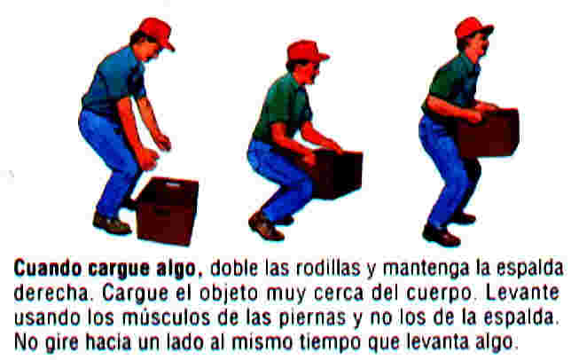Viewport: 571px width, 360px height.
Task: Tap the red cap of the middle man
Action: coord(307,51)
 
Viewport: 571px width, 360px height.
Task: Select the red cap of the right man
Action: coord(473,27)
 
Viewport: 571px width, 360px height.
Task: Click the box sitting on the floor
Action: coord(168,210)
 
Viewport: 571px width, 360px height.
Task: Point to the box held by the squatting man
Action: coord(337,174)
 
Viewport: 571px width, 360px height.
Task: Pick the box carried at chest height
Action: coord(488,132)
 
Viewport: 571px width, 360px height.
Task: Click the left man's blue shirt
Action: coord(113,82)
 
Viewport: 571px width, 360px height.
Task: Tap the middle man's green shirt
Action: coord(282,106)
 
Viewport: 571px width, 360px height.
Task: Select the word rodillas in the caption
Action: coord(328,269)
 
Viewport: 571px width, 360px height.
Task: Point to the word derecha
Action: coord(51,293)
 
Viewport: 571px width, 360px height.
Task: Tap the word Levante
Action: coord(522,293)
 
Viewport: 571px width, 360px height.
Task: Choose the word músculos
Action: coord(166,317)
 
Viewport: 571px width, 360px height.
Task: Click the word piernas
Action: coord(312,318)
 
